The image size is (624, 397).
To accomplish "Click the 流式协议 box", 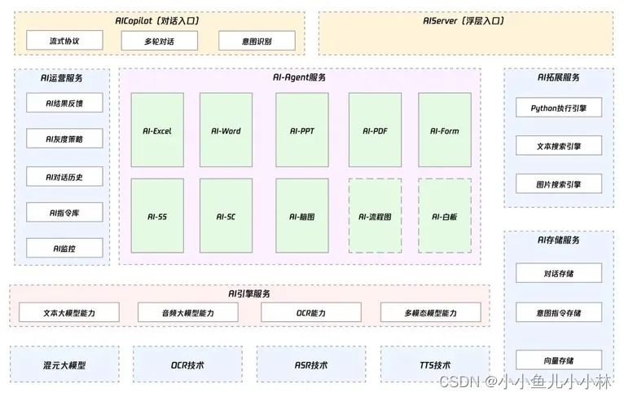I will pyautogui.click(x=64, y=41).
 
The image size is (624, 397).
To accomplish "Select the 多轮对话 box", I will pyautogui.click(x=160, y=41).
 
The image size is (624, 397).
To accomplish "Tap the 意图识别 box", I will pyautogui.click(x=257, y=41).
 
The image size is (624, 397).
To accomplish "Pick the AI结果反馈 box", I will pyautogui.click(x=64, y=102).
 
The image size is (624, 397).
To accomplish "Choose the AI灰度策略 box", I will pyautogui.click(x=64, y=139).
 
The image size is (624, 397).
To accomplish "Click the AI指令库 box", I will pyautogui.click(x=64, y=214).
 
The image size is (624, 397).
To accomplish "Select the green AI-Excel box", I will pyautogui.click(x=157, y=130).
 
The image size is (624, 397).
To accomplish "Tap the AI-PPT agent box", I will pyautogui.click(x=301, y=130).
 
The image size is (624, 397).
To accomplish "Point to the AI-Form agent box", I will pyautogui.click(x=445, y=130).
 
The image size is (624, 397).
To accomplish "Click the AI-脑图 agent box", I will pyautogui.click(x=301, y=216).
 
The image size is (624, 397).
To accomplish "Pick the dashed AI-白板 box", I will pyautogui.click(x=445, y=216).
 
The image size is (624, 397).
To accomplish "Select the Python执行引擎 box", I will pyautogui.click(x=559, y=108).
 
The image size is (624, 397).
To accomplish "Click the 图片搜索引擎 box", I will pyautogui.click(x=559, y=183).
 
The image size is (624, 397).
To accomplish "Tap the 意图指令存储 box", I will pyautogui.click(x=559, y=312).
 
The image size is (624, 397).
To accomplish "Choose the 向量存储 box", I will pyautogui.click(x=559, y=360).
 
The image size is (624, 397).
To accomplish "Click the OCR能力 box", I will pyautogui.click(x=310, y=313).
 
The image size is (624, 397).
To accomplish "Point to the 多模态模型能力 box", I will pyautogui.click(x=430, y=313).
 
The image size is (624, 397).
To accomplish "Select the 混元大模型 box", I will pyautogui.click(x=64, y=365).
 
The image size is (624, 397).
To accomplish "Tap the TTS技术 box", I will pyautogui.click(x=430, y=365).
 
